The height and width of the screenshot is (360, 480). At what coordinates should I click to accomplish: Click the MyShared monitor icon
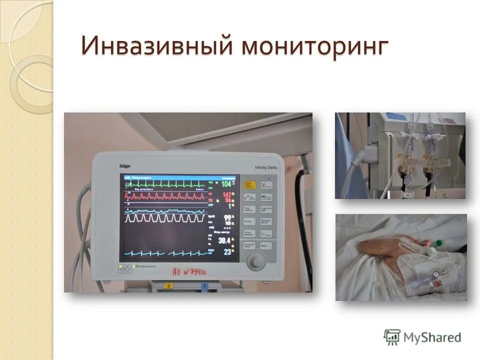tap(392, 337)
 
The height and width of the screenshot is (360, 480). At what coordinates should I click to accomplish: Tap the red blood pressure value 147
tap(226, 195)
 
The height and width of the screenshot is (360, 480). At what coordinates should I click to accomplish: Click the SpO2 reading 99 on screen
tap(227, 218)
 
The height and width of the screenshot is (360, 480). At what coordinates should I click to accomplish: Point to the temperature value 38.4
tap(224, 241)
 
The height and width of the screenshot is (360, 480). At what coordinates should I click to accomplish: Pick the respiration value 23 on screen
tap(227, 252)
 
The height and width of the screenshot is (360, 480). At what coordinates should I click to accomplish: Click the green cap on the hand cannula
tap(438, 243)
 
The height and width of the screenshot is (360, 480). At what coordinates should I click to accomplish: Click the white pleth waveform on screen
tap(165, 218)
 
